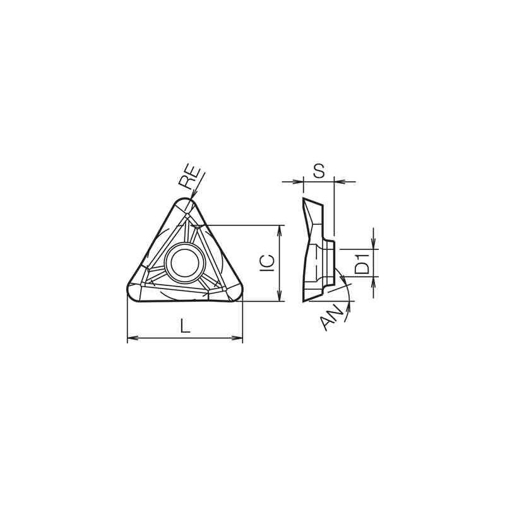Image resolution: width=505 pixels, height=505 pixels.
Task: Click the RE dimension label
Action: click(x=189, y=179)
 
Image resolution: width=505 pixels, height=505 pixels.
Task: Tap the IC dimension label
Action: click(x=268, y=262)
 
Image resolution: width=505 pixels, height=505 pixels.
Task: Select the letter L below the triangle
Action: click(x=184, y=326)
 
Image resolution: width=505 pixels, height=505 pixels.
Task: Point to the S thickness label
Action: click(x=319, y=170)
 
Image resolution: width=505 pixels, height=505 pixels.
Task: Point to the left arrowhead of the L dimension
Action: click(x=131, y=339)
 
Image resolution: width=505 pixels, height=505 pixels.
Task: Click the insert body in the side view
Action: click(x=315, y=252)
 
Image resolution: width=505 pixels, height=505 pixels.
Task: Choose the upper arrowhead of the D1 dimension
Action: click(x=374, y=245)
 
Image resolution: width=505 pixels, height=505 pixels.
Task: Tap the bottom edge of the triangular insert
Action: click(x=184, y=303)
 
